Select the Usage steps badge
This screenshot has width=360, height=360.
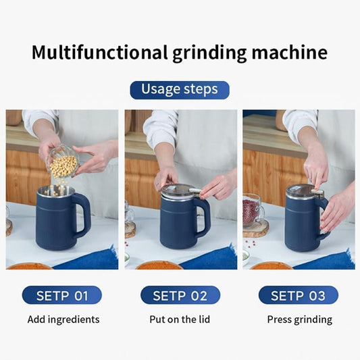pyautogui.click(x=180, y=90)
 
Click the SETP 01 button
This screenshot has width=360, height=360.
pyautogui.click(x=62, y=295)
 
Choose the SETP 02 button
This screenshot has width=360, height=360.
pyautogui.click(x=180, y=295)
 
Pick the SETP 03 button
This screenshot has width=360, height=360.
pyautogui.click(x=298, y=295)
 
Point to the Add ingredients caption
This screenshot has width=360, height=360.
pyautogui.click(x=63, y=319)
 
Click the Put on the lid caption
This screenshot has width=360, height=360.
pyautogui.click(x=180, y=319)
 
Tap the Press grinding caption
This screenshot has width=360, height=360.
pyautogui.click(x=299, y=319)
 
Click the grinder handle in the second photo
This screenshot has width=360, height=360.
pyautogui.click(x=203, y=216)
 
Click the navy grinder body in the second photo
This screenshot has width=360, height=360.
pyautogui.click(x=177, y=224)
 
